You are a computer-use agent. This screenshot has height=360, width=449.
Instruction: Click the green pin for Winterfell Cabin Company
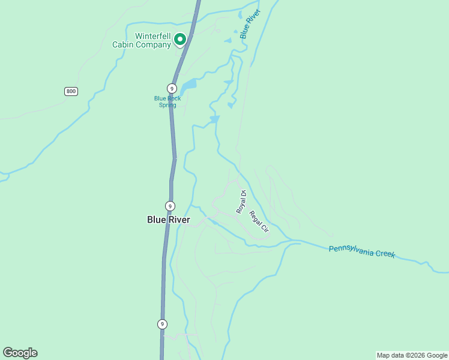[179, 40]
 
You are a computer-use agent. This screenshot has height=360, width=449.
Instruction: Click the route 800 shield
[71, 91]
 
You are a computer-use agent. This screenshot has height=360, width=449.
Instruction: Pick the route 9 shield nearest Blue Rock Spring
[172, 88]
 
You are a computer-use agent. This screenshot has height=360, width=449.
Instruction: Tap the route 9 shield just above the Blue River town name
[170, 206]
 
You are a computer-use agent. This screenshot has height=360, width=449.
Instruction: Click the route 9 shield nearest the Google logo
[162, 324]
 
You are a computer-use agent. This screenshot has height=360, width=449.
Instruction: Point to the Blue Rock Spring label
[167, 102]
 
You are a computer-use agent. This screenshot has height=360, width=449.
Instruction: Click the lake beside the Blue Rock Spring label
[188, 85]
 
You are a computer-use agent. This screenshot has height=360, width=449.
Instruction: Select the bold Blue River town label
[169, 220]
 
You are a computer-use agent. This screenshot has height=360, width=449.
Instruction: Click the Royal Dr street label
[241, 202]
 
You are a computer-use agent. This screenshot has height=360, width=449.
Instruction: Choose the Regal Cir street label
[259, 222]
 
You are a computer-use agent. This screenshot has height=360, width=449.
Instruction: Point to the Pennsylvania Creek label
[362, 251]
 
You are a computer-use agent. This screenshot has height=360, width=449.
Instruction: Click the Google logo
[20, 353]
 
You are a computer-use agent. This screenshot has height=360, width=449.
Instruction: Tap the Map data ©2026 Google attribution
[412, 355]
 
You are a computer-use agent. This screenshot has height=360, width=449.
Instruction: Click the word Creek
[385, 254]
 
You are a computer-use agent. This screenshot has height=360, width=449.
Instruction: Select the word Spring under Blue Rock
[167, 106]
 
